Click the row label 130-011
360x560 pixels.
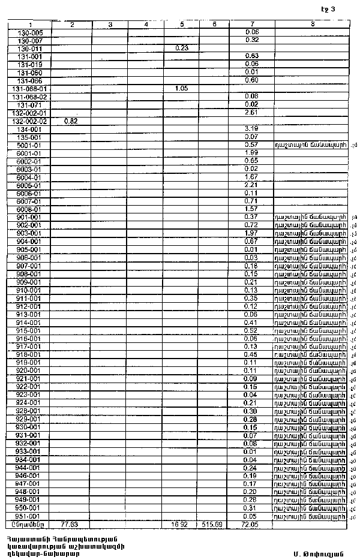coord(30,48)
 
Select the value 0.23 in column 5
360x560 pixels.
coord(182,48)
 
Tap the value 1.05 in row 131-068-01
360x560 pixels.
coord(182,88)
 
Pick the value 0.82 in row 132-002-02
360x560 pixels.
coord(71,121)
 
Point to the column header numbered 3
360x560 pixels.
coord(110,24)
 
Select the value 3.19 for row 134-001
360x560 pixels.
coord(252,129)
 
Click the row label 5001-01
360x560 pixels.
coord(30,145)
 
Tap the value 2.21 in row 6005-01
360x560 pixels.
coord(252,185)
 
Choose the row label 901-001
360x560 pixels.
coord(30,217)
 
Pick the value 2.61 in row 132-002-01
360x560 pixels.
coord(252,112)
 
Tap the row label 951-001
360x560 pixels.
coord(30,516)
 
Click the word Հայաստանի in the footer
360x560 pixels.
coord(21,537)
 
